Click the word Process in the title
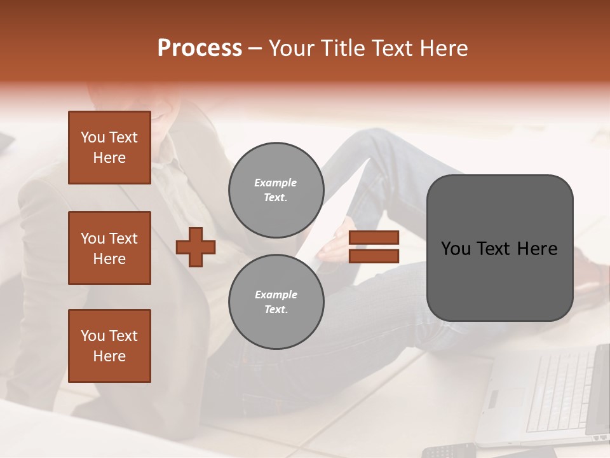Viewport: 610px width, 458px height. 200,48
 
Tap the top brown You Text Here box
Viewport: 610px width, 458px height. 109,148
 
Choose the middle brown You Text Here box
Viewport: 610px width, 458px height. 109,248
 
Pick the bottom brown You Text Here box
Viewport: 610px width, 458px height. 109,346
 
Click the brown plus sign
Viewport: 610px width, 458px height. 196,247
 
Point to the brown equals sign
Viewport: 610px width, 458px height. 374,247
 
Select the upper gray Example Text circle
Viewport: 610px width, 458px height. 276,190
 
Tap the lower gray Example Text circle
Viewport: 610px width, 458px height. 276,302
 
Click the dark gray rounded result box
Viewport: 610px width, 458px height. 499,248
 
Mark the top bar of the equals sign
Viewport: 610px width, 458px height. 374,238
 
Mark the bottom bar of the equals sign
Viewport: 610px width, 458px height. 374,256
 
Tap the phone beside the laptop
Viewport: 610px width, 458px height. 448,450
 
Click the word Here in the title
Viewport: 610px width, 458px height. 445,48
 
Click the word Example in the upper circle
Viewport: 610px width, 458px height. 275,183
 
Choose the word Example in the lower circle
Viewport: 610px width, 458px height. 276,295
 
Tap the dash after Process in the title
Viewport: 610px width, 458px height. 255,49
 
